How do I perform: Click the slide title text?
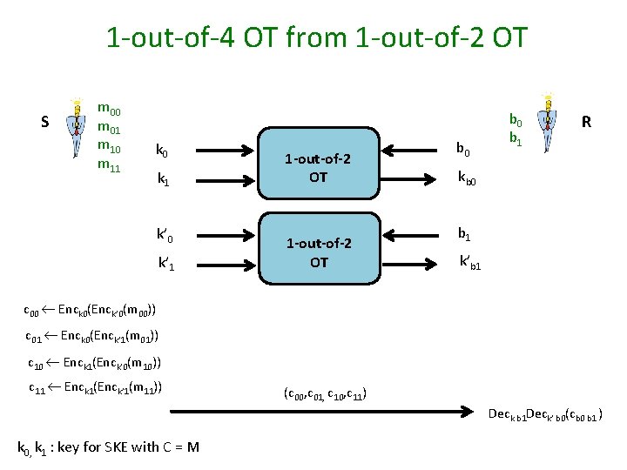316,38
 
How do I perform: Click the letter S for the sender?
44,122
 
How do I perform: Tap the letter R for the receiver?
586,123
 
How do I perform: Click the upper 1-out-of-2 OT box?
318,168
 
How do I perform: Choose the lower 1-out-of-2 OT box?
318,252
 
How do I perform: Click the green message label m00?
109,110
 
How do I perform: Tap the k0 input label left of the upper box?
162,151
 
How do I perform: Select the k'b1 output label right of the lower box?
475,260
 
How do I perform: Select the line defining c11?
96,388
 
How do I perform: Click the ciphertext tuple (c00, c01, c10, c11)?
325,393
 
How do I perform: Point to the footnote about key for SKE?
108,448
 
